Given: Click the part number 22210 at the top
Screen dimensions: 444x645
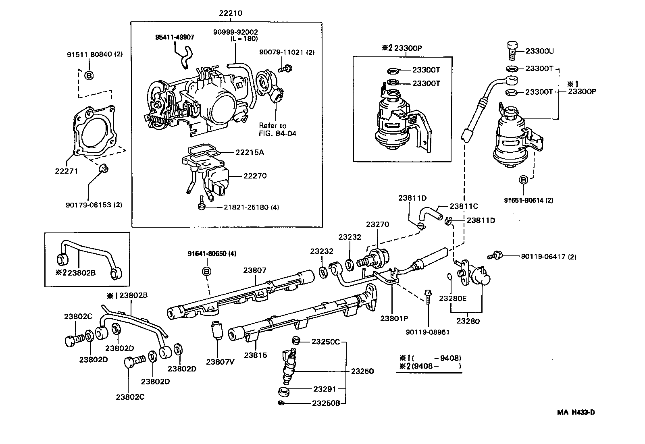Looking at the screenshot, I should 230,13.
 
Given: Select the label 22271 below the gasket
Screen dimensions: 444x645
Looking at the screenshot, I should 67,171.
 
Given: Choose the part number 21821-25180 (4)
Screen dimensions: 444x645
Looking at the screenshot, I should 252,207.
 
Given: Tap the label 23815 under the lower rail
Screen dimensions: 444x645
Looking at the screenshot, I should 255,355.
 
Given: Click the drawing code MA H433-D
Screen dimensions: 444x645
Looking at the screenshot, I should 576,412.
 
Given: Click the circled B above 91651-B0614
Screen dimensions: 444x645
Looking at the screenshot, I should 523,180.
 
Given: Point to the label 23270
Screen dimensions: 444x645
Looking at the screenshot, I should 377,224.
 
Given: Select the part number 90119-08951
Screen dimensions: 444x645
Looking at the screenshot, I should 428,332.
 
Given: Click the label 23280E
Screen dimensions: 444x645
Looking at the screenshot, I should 453,299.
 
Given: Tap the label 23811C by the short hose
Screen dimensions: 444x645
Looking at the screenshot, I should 464,206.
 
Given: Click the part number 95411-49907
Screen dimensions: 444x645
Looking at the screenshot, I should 175,37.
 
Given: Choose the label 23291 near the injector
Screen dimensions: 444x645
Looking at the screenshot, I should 324,389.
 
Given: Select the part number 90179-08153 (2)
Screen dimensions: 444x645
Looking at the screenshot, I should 94,205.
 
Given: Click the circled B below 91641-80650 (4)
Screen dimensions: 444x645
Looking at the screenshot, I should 206,272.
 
